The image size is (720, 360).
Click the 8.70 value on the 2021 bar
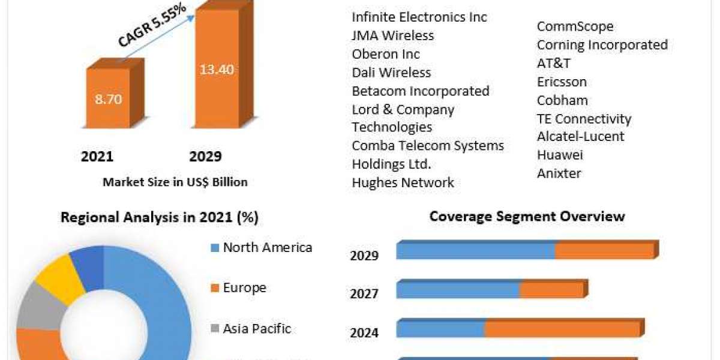108,99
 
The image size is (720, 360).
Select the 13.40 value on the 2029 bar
217,70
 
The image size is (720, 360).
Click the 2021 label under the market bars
97,157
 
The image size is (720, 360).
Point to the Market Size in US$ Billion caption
175,182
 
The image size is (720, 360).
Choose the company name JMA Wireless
392,35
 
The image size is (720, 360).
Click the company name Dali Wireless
391,73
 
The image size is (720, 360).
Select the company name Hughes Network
403,182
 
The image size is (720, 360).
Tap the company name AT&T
554,63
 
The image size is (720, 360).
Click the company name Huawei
560,155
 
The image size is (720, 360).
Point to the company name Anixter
559,173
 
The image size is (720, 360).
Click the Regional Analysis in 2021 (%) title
160,218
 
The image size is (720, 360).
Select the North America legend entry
267,247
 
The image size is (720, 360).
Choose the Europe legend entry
244,288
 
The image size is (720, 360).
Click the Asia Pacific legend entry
256,328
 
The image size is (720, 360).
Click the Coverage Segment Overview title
527,216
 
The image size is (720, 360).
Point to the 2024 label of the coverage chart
364,332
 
